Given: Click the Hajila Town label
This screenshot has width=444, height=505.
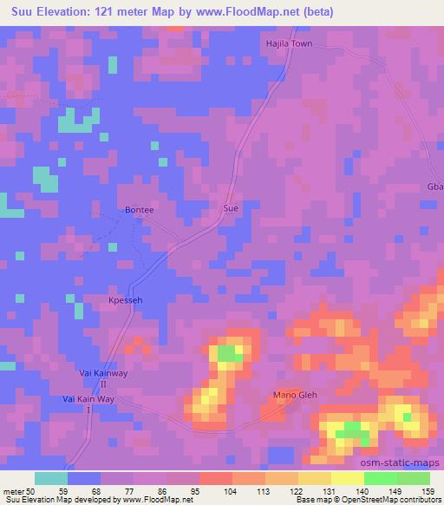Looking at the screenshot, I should [288, 43].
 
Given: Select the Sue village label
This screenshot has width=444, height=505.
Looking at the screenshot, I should [230, 209].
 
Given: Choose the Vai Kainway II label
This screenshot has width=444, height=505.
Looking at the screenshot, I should [103, 377].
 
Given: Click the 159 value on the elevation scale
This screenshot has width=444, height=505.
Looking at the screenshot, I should [429, 491].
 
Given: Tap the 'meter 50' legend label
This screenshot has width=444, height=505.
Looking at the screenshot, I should [17, 491].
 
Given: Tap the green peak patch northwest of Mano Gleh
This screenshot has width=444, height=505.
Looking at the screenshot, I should [228, 352].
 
